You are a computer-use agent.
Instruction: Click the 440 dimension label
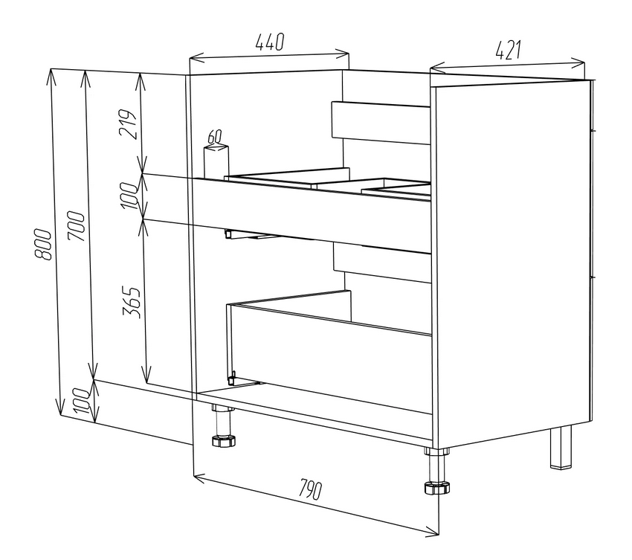point(270,42)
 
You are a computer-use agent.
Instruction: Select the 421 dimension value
point(509,50)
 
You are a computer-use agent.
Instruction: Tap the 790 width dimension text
point(310,489)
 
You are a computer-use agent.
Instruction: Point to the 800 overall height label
point(42,245)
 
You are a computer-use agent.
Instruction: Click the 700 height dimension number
point(76,226)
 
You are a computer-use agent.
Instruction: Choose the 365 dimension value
point(132,303)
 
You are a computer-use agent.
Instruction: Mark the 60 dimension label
point(214,137)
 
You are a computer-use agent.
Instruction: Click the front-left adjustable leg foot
point(223,440)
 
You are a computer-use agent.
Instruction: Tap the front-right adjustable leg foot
point(436,487)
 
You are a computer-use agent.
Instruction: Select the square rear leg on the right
point(561,447)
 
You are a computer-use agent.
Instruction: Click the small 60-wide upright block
point(216,161)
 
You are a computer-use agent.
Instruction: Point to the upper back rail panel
point(381,123)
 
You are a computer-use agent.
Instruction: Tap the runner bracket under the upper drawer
point(250,236)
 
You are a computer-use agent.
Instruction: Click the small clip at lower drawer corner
point(232,379)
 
